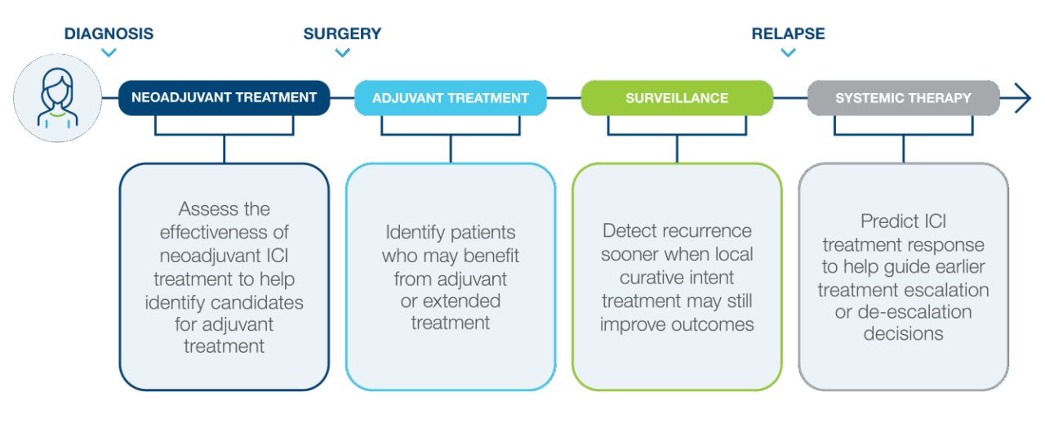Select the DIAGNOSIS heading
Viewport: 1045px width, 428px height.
pos(109,33)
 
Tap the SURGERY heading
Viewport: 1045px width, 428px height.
pos(342,33)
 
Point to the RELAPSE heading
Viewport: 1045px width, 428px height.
pos(788,33)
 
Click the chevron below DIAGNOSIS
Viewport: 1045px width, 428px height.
pos(109,53)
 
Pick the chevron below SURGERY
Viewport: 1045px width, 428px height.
pos(342,53)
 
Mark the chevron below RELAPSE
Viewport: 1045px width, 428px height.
pos(788,53)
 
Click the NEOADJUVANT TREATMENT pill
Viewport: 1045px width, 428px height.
pos(224,97)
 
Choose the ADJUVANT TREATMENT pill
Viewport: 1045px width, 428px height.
pos(451,98)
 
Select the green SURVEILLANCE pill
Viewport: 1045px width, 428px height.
pos(677,98)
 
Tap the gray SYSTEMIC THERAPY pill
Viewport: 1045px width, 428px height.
pos(903,98)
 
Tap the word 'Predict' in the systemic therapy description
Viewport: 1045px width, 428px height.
pos(890,221)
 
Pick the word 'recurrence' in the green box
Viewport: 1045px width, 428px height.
pos(708,231)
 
